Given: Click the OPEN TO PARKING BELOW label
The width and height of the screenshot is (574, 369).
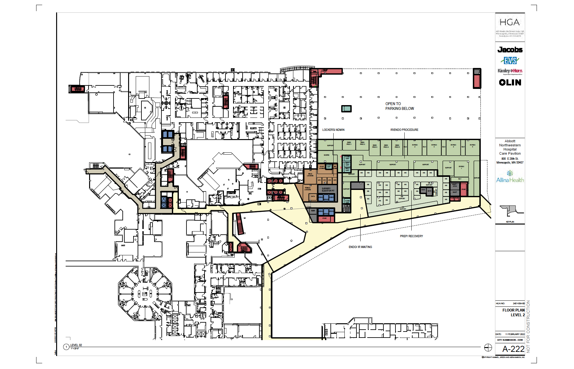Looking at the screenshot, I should click(x=399, y=106).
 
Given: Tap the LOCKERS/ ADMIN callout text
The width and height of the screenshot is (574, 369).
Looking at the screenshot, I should click(x=333, y=130).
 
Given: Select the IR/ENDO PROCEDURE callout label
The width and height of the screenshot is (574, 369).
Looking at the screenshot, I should click(x=404, y=130).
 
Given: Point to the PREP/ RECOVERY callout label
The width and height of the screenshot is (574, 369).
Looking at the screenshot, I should click(x=411, y=236).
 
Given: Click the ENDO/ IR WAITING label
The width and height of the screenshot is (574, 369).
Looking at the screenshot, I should click(x=360, y=247).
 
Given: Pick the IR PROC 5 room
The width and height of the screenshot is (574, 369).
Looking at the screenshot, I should click(x=473, y=146).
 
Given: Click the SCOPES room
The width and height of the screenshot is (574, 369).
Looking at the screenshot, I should click(x=326, y=155).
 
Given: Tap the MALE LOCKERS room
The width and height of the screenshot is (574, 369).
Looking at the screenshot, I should click(x=310, y=175).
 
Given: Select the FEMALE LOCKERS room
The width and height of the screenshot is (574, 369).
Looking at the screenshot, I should click(x=308, y=189).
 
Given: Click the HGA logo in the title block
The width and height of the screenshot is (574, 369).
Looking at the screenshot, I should click(x=510, y=23).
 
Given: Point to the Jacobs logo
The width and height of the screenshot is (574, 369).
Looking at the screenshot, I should click(x=510, y=50).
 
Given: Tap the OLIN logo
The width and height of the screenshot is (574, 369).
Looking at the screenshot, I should click(x=510, y=83).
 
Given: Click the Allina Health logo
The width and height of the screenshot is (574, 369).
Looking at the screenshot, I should click(x=510, y=177).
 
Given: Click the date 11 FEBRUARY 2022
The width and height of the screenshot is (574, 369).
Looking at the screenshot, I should click(x=515, y=334).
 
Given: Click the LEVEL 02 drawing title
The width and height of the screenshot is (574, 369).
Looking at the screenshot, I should click(x=76, y=345).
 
